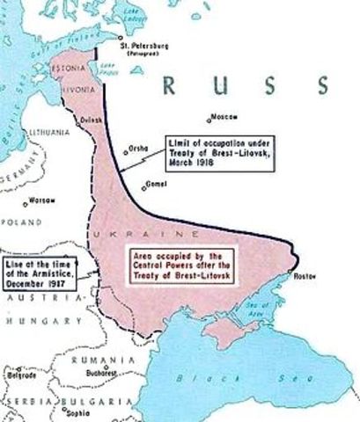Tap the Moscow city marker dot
click(209, 120)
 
